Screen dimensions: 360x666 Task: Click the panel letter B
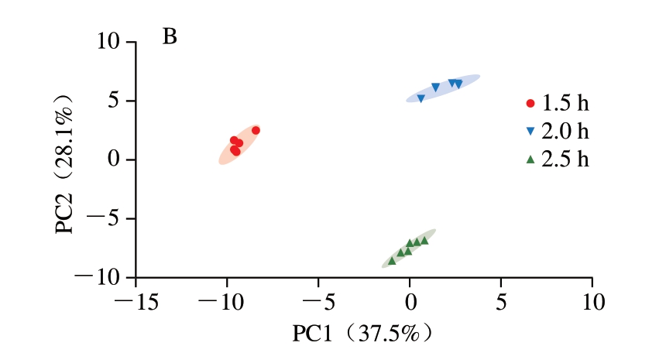click(170, 36)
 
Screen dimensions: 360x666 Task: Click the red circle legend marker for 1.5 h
click(530, 103)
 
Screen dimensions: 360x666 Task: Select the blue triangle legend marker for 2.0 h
click(530, 132)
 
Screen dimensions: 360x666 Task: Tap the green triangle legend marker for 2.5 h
click(530, 159)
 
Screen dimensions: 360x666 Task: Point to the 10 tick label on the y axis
click(112, 43)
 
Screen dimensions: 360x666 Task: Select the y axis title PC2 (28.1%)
click(66, 163)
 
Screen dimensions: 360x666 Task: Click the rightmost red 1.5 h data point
click(256, 131)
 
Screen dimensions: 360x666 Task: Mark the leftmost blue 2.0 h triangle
click(421, 98)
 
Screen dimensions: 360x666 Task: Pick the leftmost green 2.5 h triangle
click(392, 261)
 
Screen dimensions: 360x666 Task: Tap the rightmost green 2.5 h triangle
click(424, 240)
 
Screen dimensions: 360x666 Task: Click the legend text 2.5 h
click(565, 159)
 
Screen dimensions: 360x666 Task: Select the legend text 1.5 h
click(565, 103)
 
